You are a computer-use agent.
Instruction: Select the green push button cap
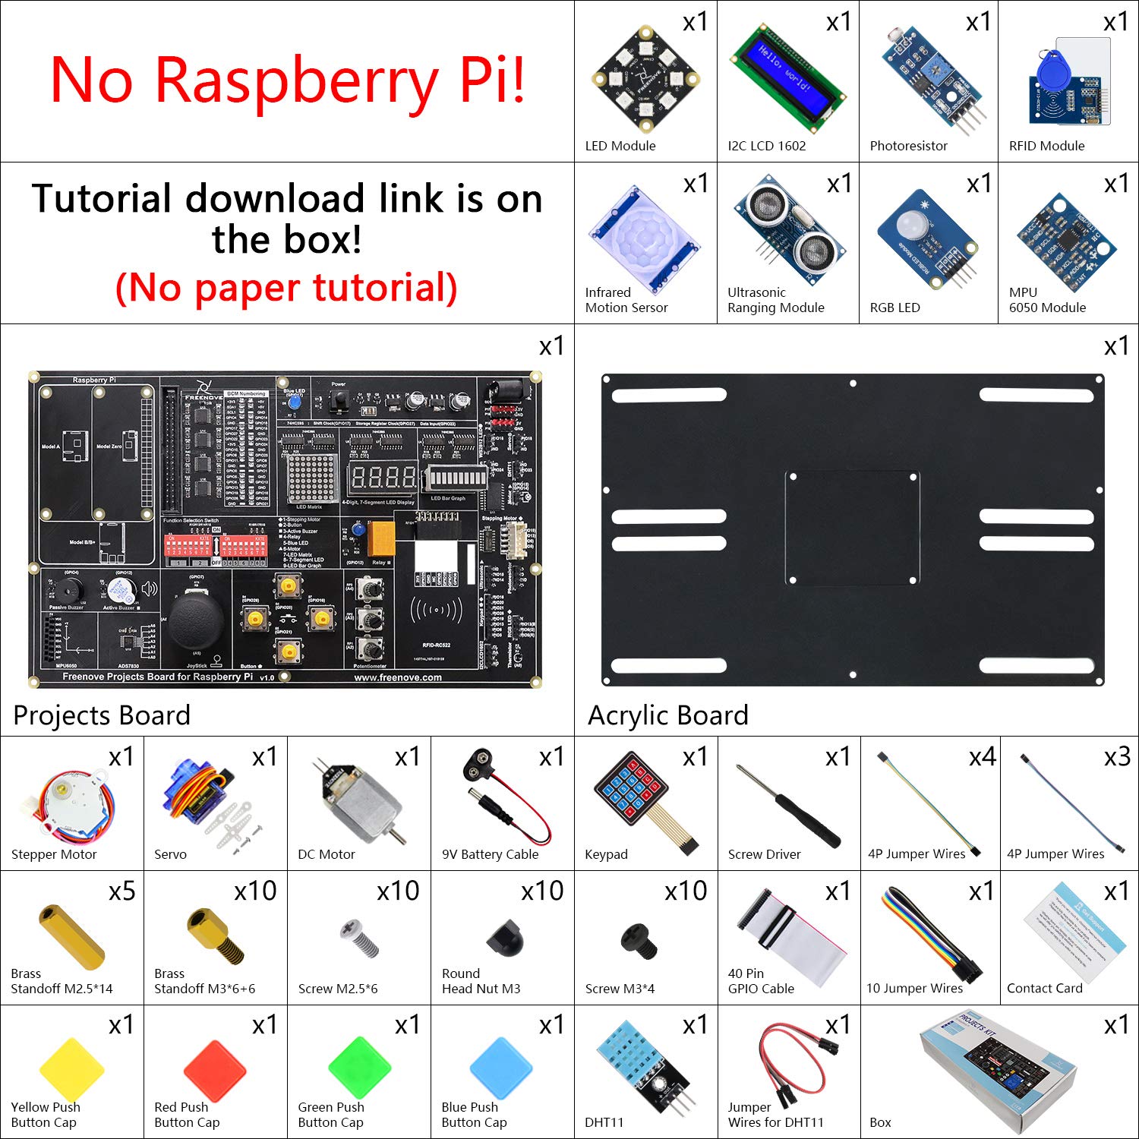click(x=359, y=1068)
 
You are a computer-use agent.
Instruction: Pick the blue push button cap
click(x=501, y=1068)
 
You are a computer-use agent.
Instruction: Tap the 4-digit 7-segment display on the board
click(x=382, y=478)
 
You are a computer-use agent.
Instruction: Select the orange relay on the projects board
click(x=380, y=538)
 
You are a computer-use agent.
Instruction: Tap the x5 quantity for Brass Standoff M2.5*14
click(x=121, y=891)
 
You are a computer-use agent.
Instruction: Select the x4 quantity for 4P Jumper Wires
click(x=982, y=756)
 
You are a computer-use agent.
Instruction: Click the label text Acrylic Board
click(x=667, y=715)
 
